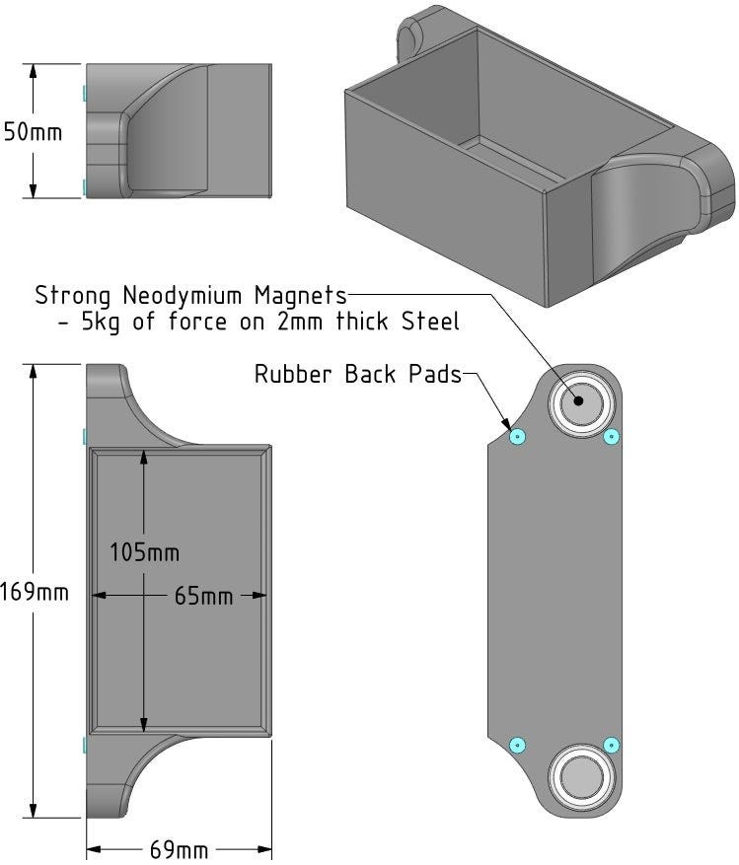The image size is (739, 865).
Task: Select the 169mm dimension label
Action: tap(35, 592)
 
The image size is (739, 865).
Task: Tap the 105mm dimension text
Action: tap(146, 551)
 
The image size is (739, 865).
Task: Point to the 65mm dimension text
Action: tap(203, 596)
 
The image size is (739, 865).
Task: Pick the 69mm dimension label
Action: tap(179, 849)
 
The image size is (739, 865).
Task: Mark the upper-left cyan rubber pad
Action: tap(519, 437)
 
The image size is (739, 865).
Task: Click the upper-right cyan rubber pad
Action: tap(611, 437)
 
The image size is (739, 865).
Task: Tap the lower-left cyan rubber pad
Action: tap(519, 744)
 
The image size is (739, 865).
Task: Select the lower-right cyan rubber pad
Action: tap(611, 744)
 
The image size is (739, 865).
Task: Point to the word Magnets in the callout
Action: tap(301, 295)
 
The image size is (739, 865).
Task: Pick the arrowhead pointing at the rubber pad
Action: tap(507, 425)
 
